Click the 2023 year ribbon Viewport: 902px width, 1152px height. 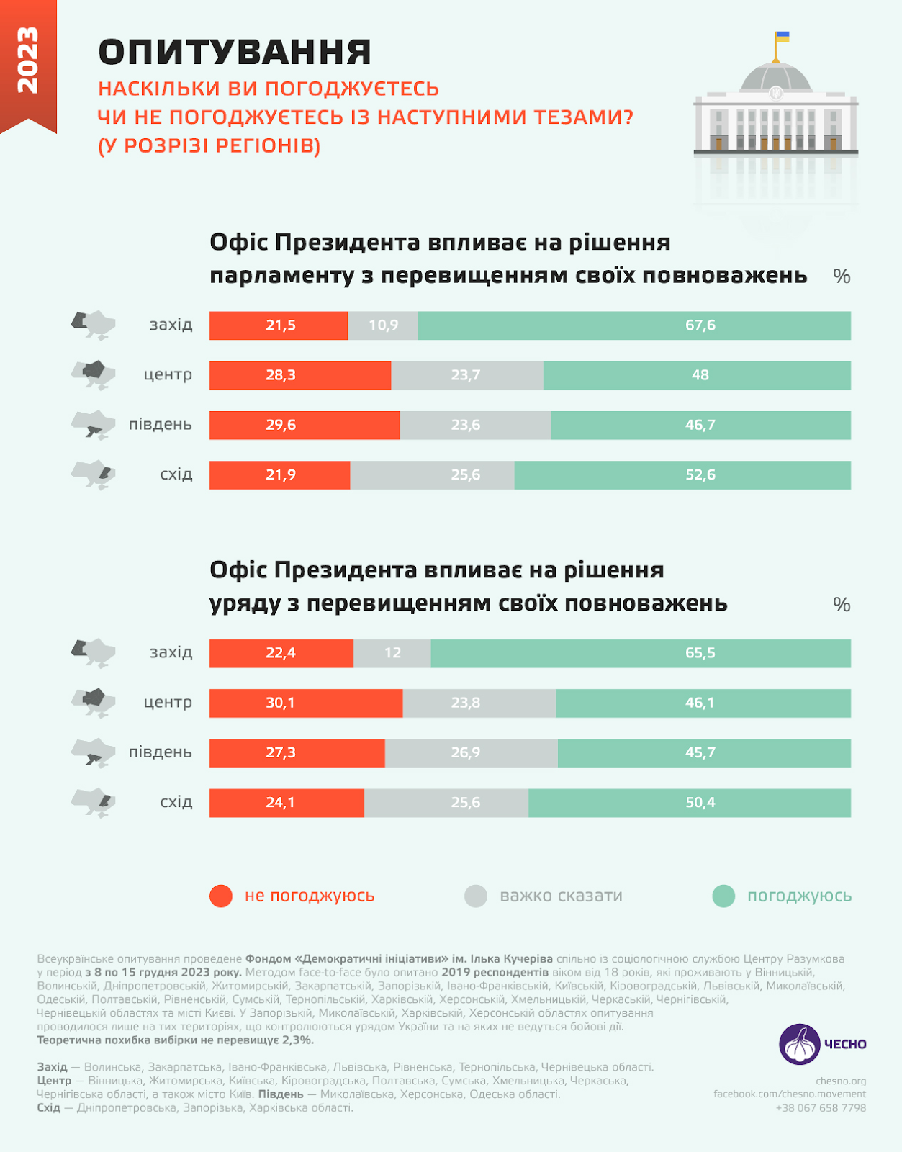click(28, 61)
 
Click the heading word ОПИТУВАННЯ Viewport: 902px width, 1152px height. click(235, 53)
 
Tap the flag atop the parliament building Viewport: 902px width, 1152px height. click(782, 37)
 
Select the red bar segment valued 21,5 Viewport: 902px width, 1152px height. click(279, 325)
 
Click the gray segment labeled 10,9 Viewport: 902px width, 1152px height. click(383, 325)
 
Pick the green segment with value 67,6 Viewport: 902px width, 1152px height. click(633, 325)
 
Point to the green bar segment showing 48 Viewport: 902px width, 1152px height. click(697, 375)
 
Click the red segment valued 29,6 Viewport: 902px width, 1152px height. click(305, 425)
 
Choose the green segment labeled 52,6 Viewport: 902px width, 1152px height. click(682, 475)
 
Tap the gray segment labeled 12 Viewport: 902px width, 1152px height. click(392, 653)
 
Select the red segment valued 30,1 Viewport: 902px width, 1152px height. click(306, 703)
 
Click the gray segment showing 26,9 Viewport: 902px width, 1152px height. click(471, 753)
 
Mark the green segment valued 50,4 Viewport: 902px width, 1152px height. click(690, 803)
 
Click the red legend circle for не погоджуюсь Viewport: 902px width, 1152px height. click(221, 896)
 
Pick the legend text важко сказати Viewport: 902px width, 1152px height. click(561, 896)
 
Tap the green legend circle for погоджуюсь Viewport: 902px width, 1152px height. click(723, 896)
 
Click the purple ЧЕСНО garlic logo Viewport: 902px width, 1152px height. click(800, 1044)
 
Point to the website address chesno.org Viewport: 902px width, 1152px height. click(841, 1081)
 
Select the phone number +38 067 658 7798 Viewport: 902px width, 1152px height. click(821, 1108)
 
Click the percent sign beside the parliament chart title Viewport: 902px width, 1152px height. click(842, 276)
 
